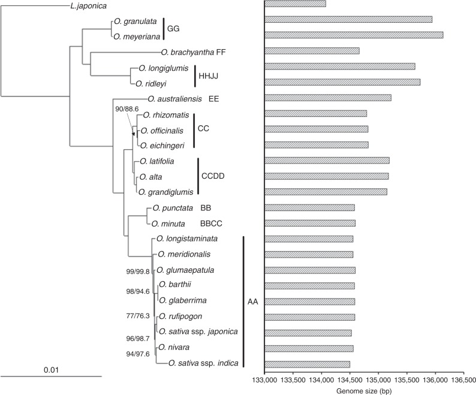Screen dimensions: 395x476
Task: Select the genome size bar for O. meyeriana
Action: click(x=354, y=35)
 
